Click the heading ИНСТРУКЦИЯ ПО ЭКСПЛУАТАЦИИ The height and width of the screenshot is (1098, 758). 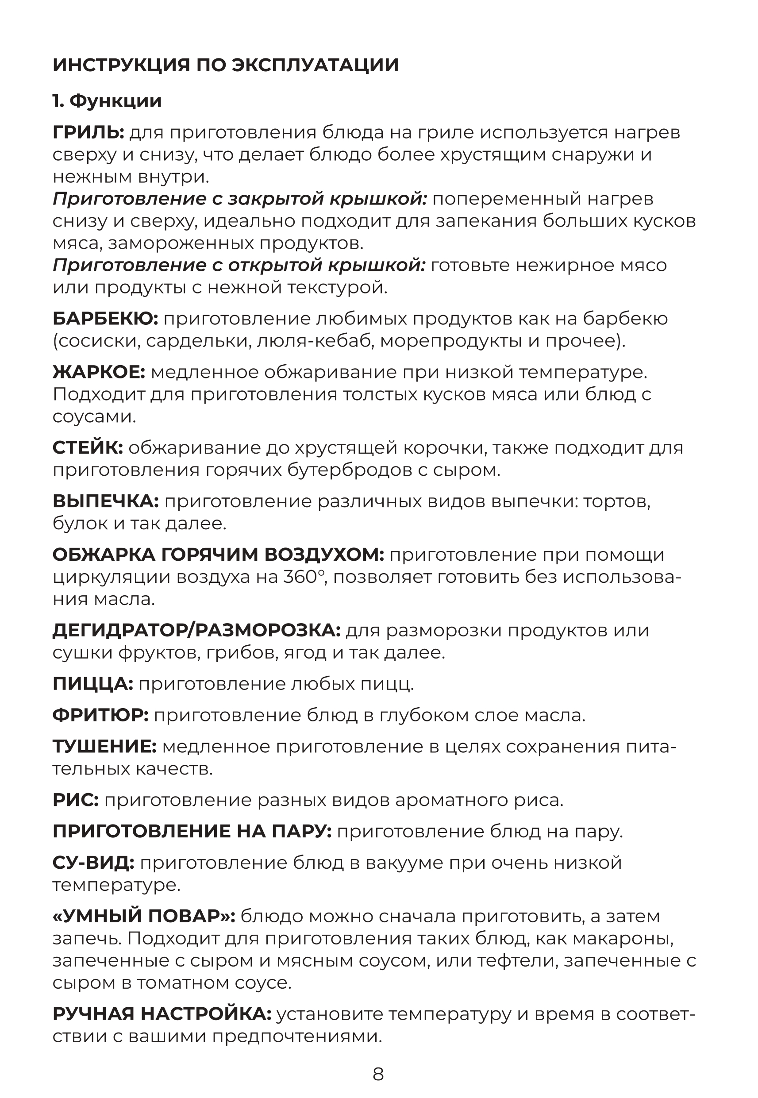pyautogui.click(x=226, y=65)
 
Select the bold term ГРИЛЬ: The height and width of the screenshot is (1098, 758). pyautogui.click(x=88, y=132)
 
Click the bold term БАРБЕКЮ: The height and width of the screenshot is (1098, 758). pyautogui.click(x=105, y=319)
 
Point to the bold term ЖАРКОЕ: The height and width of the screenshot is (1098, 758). pyautogui.click(x=99, y=372)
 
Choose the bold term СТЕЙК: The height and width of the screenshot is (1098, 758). pyautogui.click(x=88, y=448)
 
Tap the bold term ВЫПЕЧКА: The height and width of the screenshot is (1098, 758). pyautogui.click(x=105, y=501)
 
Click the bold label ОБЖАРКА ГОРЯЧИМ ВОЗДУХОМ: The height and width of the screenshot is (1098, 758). pyautogui.click(x=219, y=555)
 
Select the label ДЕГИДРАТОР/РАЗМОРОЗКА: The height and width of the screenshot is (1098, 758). pyautogui.click(x=196, y=631)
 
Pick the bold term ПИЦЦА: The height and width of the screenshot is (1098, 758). pyautogui.click(x=93, y=684)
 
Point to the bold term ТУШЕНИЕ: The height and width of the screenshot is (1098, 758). pyautogui.click(x=104, y=747)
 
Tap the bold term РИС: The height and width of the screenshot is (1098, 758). pyautogui.click(x=76, y=800)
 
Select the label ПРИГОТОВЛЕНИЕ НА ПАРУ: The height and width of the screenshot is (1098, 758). pyautogui.click(x=192, y=832)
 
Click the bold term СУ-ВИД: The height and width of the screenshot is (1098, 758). pyautogui.click(x=93, y=863)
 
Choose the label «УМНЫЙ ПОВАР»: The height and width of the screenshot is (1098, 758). pyautogui.click(x=144, y=916)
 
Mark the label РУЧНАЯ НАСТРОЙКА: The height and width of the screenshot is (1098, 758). pyautogui.click(x=162, y=1014)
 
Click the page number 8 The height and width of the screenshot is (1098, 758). pyautogui.click(x=378, y=1074)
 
